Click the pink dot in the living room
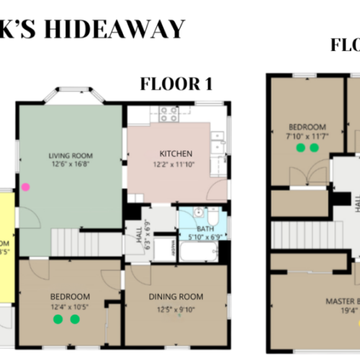tap(26, 186)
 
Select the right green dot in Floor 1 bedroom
tap(74, 319)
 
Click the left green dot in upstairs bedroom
tap(300, 148)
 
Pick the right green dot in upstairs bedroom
tap(314, 148)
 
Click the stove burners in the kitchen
tap(168, 114)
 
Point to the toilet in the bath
tap(212, 216)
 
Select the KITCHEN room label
tap(176, 153)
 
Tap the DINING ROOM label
tap(176, 296)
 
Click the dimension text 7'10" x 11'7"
tap(302, 136)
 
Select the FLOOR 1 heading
tap(176, 84)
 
